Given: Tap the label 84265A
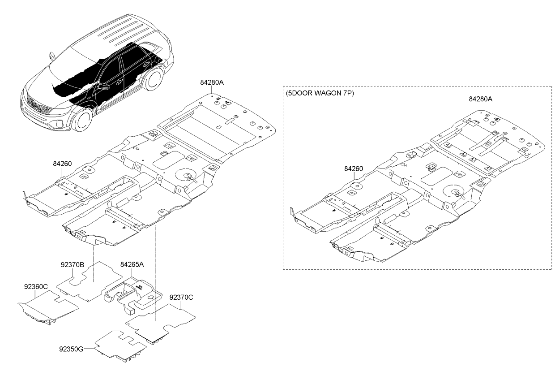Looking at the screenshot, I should pyautogui.click(x=132, y=265).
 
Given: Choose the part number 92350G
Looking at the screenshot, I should pyautogui.click(x=71, y=348).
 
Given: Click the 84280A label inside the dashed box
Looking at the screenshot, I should pyautogui.click(x=481, y=99).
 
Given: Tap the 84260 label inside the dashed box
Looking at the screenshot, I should pyautogui.click(x=354, y=169).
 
